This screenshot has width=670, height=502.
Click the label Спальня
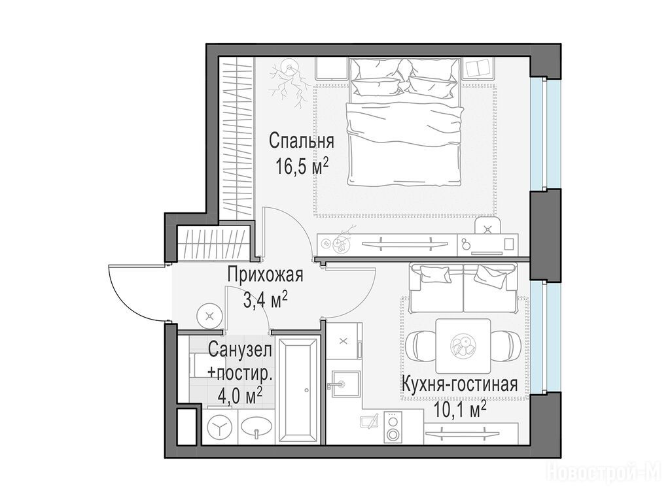click(301, 141)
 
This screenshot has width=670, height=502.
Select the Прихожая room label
click(265, 275)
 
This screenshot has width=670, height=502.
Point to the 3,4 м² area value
click(265, 300)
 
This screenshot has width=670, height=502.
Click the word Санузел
click(240, 351)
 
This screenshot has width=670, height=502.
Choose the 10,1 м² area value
click(460, 410)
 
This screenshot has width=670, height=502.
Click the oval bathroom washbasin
click(256, 427)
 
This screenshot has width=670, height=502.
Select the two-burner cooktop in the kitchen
click(393, 427)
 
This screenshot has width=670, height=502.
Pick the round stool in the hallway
click(209, 316)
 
